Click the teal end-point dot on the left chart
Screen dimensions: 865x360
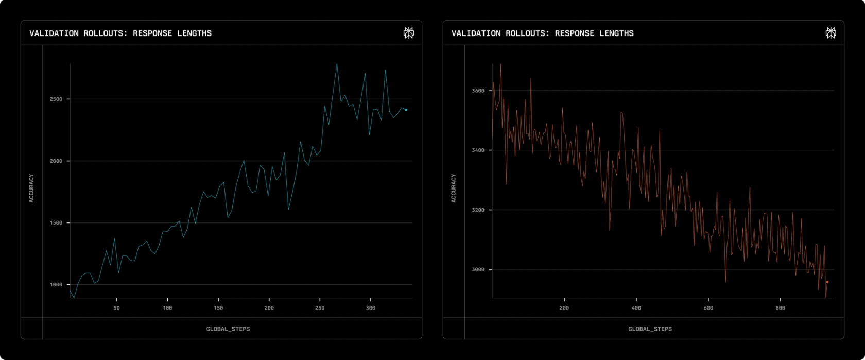tap(406, 110)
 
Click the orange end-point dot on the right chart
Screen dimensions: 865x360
tap(827, 282)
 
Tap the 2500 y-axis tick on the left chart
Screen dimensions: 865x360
tap(56, 99)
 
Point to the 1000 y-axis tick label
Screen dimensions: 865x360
tap(56, 285)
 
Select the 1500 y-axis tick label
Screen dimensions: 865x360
tap(56, 223)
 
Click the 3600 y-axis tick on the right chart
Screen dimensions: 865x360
tap(478, 91)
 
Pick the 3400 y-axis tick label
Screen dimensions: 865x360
tap(478, 150)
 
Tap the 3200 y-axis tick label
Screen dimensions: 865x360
tap(478, 210)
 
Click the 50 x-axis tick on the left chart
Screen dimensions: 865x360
tap(116, 308)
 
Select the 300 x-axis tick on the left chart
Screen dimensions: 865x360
tap(370, 308)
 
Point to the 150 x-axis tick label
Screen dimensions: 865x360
tap(218, 308)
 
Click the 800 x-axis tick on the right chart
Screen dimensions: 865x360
tap(781, 308)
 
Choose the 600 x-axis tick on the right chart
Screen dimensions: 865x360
tap(708, 308)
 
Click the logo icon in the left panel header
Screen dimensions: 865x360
tap(409, 33)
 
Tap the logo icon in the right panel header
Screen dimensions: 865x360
tap(831, 33)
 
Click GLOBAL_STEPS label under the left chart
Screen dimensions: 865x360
tap(228, 329)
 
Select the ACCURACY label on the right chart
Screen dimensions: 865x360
tap(453, 188)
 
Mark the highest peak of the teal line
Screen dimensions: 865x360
tap(337, 64)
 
